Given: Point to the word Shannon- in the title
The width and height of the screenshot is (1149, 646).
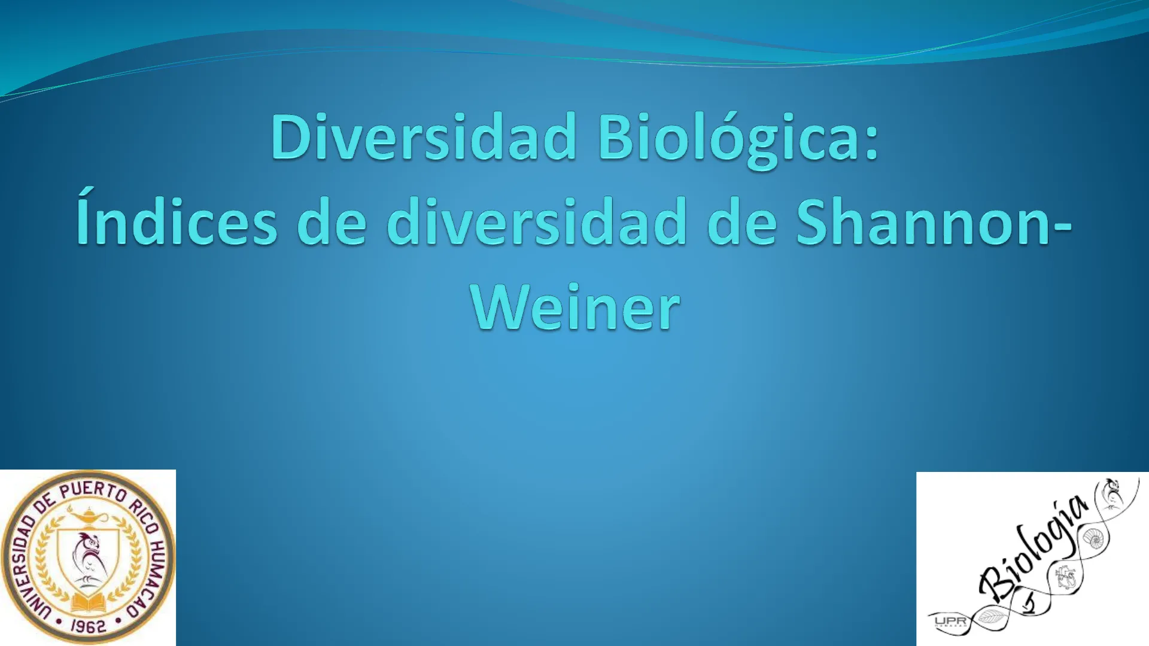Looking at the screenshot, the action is [x=934, y=222].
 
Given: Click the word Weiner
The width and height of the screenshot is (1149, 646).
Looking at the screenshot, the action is [x=575, y=307].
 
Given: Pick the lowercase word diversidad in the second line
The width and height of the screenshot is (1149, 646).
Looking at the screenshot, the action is [x=537, y=222].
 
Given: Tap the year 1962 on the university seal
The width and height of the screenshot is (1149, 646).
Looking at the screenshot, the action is [x=88, y=626].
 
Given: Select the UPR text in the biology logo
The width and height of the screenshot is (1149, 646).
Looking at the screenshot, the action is [x=950, y=622].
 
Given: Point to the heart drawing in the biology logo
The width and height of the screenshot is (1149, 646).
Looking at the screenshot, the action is [x=1066, y=578].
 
